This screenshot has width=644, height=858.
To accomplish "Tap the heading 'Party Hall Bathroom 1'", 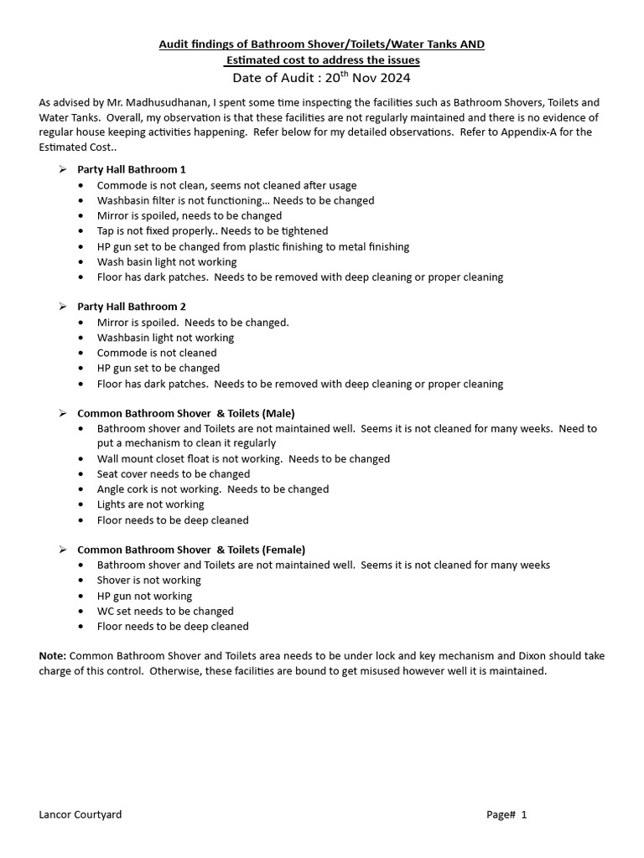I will pyautogui.click(x=132, y=169).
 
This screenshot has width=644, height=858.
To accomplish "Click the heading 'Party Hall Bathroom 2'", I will pyautogui.click(x=132, y=307).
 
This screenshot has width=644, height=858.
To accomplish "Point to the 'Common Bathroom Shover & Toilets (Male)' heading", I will pyautogui.click(x=185, y=413).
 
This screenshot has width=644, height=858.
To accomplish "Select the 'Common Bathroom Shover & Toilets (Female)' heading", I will pyautogui.click(x=191, y=550).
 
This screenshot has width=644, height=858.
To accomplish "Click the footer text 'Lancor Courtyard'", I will pyautogui.click(x=80, y=814).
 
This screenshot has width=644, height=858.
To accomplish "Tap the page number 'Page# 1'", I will pyautogui.click(x=506, y=814).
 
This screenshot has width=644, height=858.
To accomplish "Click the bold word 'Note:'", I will pyautogui.click(x=53, y=656).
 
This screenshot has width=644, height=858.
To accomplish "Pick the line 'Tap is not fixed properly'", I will pyautogui.click(x=212, y=230).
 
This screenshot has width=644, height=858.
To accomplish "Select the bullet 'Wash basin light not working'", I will pyautogui.click(x=167, y=261).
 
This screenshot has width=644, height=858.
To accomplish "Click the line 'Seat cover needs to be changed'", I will pyautogui.click(x=174, y=474).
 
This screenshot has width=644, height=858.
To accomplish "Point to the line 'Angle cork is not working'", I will pyautogui.click(x=213, y=489).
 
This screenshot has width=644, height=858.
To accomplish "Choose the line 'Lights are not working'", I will pyautogui.click(x=150, y=504).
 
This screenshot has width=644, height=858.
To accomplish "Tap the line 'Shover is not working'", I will pyautogui.click(x=149, y=581).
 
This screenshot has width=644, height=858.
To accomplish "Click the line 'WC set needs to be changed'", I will pyautogui.click(x=165, y=611).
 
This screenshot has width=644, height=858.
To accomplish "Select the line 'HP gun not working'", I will pyautogui.click(x=144, y=596).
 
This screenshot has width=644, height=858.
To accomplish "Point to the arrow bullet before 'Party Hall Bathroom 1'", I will pyautogui.click(x=62, y=169).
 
